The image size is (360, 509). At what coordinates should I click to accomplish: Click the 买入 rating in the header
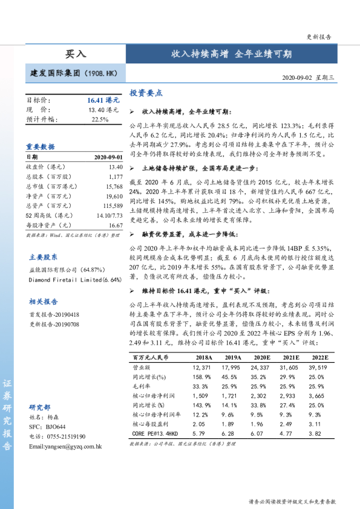point(76,54)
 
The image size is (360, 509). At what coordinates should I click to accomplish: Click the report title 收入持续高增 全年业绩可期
point(231,54)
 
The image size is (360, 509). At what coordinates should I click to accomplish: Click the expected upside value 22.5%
point(100,119)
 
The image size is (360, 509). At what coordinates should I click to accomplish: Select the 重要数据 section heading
point(41,146)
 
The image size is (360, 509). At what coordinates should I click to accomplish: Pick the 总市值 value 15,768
point(114,187)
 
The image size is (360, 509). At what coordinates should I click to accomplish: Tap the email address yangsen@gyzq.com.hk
point(65,446)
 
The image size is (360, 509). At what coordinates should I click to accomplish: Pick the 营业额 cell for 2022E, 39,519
point(318,368)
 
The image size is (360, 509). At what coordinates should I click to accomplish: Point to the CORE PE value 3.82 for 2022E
point(318,433)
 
